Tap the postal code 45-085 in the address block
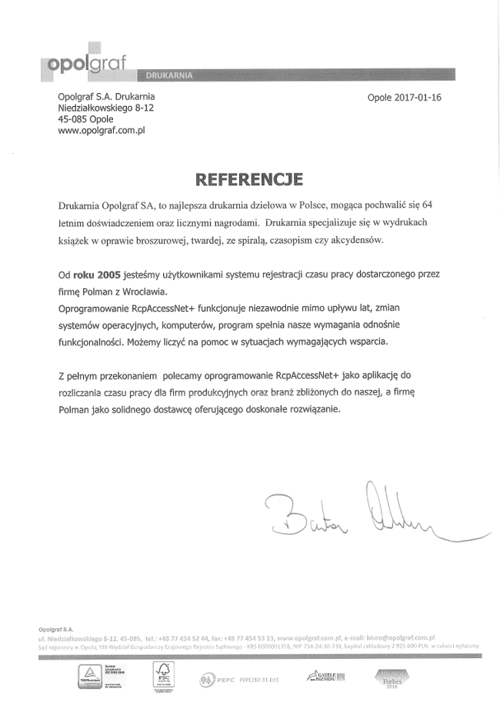point(74,120)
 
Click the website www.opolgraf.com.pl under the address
point(102,131)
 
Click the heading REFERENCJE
point(250,179)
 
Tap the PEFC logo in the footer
point(218,679)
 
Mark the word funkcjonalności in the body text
point(91,341)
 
